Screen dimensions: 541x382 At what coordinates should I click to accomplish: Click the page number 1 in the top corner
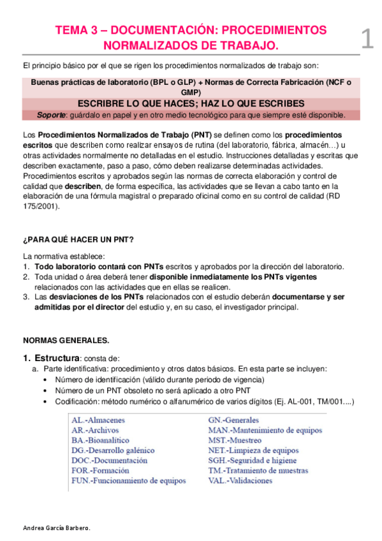tap(366, 39)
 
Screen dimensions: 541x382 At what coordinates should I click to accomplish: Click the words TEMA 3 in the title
tap(75, 31)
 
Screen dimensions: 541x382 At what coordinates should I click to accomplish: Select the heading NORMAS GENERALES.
tap(66, 339)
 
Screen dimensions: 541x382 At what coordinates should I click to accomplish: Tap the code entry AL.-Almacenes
tap(98, 420)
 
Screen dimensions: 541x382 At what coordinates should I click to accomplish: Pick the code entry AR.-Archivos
tap(96, 431)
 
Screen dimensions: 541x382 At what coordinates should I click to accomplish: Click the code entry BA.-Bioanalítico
tap(100, 440)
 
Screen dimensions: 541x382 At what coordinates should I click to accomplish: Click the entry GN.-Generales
tap(233, 420)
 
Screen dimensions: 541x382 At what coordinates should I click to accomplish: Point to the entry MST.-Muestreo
tap(235, 440)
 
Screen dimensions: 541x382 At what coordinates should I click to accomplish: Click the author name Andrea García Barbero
tap(56, 528)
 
